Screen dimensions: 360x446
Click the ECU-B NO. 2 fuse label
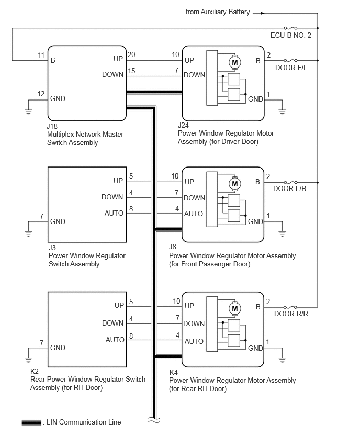tap(290, 35)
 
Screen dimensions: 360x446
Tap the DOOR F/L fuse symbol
tap(290, 60)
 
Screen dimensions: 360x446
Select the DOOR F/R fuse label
tap(289, 188)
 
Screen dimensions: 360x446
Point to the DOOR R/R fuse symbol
tap(290, 307)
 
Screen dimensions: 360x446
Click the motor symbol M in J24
tap(235, 62)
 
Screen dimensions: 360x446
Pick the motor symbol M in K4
tap(234, 309)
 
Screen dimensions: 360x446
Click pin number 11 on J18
tap(41, 55)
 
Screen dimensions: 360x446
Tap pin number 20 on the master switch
tap(131, 54)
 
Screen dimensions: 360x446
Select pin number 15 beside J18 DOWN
tap(131, 71)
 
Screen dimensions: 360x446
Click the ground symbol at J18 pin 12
tap(28, 112)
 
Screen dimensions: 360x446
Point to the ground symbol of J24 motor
tap(282, 112)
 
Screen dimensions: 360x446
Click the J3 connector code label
tap(52, 248)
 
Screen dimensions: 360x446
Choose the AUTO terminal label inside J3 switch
tap(114, 214)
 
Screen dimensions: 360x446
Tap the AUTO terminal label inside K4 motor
tap(194, 341)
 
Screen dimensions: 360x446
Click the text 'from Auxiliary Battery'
tap(218, 12)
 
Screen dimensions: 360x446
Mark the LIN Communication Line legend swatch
tap(31, 422)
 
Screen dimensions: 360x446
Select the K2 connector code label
tap(35, 371)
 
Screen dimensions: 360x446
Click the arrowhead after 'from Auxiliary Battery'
tap(263, 13)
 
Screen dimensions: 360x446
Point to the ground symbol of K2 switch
tap(28, 360)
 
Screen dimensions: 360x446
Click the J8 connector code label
tap(173, 247)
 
